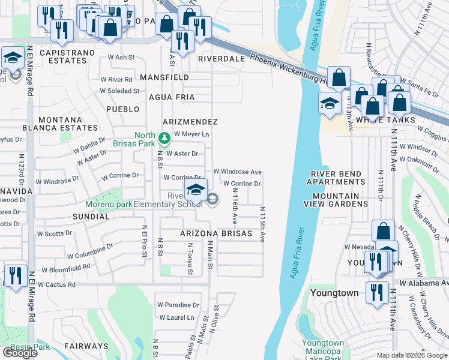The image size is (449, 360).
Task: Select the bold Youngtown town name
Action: [x=334, y=293]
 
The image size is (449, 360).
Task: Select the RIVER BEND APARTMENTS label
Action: [x=336, y=178]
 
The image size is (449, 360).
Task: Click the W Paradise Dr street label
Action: [x=178, y=305]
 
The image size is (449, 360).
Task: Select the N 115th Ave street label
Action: [x=262, y=224]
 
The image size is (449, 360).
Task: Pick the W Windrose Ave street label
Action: [x=237, y=172]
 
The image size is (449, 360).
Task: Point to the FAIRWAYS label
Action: [x=87, y=346]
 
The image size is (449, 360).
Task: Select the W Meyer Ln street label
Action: [x=191, y=134]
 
